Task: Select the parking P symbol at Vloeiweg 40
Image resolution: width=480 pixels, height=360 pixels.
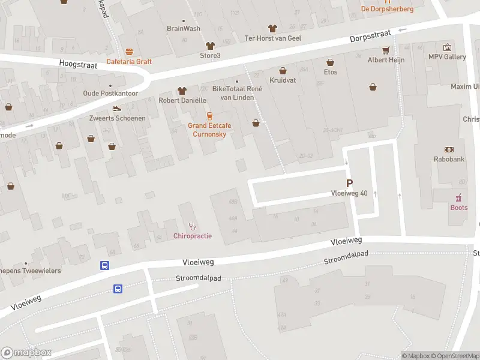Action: tap(349, 183)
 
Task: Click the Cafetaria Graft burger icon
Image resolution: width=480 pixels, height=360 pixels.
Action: tap(129, 52)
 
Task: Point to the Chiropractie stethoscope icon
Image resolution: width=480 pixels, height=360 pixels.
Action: tap(193, 226)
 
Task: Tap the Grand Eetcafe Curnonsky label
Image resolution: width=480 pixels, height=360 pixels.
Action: tap(209, 130)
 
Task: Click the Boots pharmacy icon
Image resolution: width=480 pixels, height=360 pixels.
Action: tap(459, 197)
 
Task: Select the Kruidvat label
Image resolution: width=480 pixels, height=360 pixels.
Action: tap(283, 80)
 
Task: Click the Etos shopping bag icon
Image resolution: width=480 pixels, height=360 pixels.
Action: tap(330, 62)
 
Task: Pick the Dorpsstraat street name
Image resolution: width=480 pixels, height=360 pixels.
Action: tap(370, 37)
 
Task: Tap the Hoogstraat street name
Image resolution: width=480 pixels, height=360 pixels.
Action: tap(75, 63)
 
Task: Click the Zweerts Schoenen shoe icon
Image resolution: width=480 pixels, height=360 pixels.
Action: tap(117, 109)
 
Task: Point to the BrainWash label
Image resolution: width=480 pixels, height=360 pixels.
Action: tap(183, 28)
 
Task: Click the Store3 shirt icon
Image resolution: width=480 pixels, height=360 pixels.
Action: tap(210, 46)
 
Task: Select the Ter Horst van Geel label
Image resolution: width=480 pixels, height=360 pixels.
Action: tap(272, 38)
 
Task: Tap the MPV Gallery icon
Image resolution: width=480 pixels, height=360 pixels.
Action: tap(447, 47)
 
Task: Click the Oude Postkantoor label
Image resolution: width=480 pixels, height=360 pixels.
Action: tap(110, 94)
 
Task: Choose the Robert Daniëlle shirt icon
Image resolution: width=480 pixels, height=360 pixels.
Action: tap(182, 91)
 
